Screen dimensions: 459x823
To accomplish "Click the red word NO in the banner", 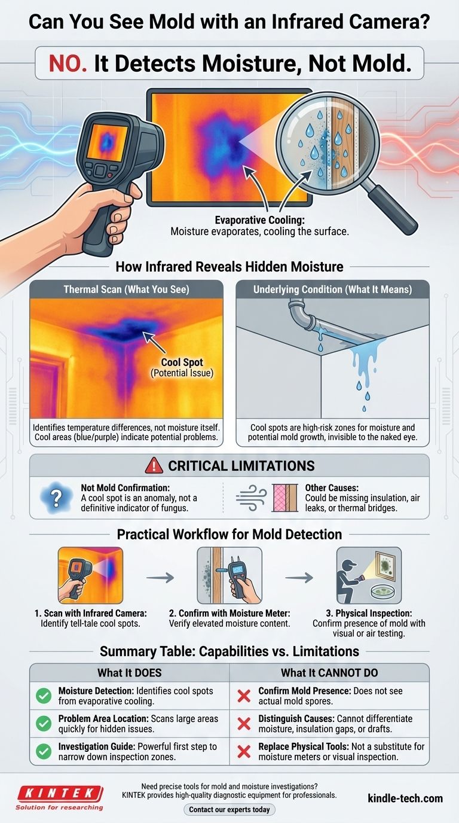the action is (x=68, y=63).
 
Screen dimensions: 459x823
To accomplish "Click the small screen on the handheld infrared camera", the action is (x=107, y=142).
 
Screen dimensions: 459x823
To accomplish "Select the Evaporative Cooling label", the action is (x=259, y=220).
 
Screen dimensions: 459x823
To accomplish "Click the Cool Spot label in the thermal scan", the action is (x=182, y=362).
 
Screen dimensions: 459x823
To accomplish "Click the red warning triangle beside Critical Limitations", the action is (x=154, y=465).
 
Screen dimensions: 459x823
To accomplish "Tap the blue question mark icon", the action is (x=56, y=498).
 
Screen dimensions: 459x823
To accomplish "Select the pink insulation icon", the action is (x=285, y=498).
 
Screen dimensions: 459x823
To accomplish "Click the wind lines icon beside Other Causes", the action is (x=251, y=498).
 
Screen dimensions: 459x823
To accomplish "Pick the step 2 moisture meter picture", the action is (x=229, y=575).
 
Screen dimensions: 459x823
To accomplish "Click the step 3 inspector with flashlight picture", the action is (x=369, y=575).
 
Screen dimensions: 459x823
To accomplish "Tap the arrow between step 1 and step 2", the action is (x=160, y=578).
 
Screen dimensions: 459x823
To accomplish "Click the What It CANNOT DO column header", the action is (x=329, y=673).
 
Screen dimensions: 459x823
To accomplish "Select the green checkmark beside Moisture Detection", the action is (x=44, y=696).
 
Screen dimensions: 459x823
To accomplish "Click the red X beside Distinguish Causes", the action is (x=244, y=724).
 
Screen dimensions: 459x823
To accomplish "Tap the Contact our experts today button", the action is (x=229, y=809).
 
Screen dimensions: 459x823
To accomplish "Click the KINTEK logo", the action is (x=60, y=797).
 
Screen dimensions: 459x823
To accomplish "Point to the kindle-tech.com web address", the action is (x=405, y=798).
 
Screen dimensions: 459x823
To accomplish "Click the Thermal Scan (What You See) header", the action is (x=126, y=289).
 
